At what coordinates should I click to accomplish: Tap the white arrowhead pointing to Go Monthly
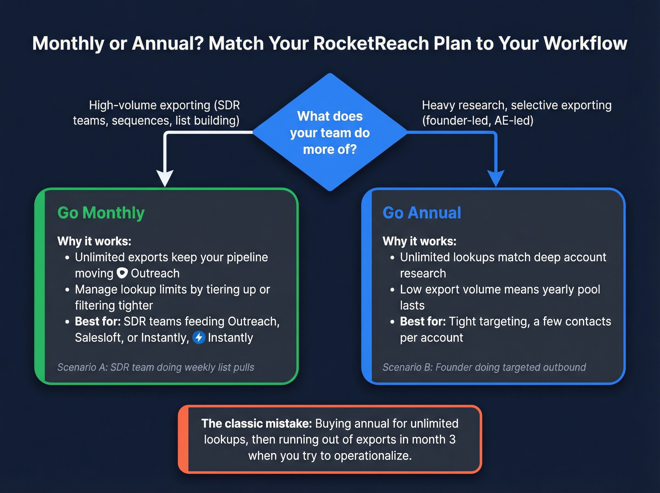(x=165, y=178)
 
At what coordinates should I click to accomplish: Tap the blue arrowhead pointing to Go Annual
(x=496, y=178)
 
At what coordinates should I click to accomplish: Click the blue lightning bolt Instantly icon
(x=199, y=338)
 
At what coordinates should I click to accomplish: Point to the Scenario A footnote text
(x=156, y=367)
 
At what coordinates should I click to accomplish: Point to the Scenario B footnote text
(x=484, y=367)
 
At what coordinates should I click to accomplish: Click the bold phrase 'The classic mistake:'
(x=257, y=423)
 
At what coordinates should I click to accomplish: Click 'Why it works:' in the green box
(x=94, y=241)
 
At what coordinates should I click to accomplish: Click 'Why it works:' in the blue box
(x=419, y=241)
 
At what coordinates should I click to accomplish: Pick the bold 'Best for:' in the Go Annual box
(x=423, y=321)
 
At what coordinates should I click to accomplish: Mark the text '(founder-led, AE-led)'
(x=477, y=120)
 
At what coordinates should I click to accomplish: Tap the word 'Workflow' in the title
(x=585, y=43)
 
